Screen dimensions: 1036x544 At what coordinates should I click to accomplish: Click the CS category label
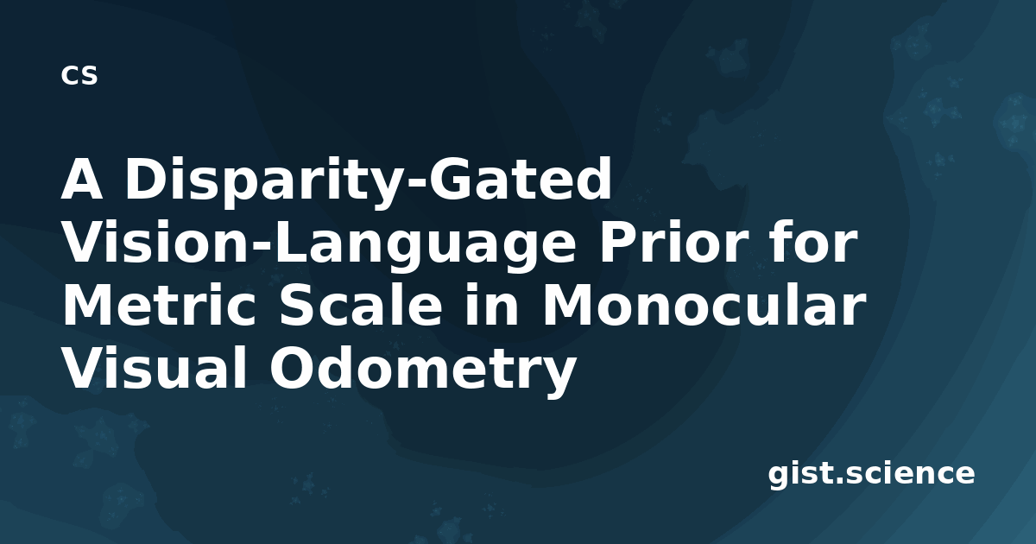(79, 75)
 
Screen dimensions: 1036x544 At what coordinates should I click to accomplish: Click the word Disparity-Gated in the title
(368, 181)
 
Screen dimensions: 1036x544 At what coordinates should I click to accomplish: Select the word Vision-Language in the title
(319, 244)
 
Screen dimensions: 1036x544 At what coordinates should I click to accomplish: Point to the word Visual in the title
(154, 368)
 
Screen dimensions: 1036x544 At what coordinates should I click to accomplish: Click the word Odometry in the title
(423, 370)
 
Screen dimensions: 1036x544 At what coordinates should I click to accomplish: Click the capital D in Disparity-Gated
(146, 179)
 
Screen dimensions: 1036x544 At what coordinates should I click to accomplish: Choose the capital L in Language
(293, 242)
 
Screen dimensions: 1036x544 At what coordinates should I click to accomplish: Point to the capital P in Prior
(617, 242)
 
